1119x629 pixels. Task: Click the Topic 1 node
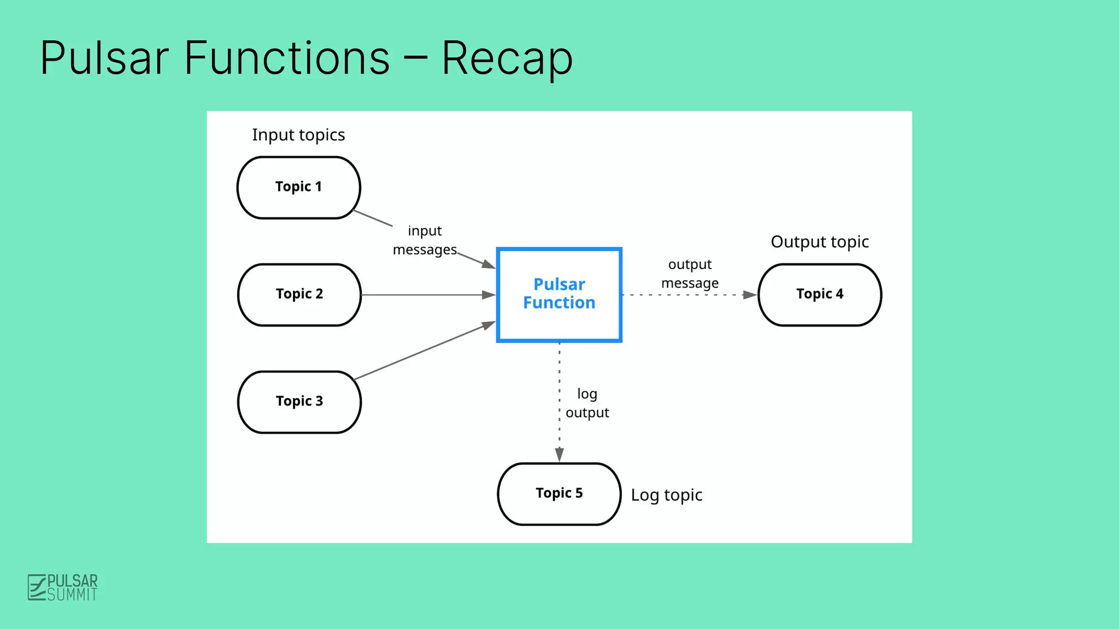pos(298,187)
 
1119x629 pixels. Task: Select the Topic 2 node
pos(299,294)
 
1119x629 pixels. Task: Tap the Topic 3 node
pos(299,402)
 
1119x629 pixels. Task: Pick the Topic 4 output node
pos(820,294)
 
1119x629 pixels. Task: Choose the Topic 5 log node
pos(559,494)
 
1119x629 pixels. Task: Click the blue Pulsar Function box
pos(559,294)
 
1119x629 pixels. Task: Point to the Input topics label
pos(298,135)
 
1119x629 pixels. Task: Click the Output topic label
pos(820,242)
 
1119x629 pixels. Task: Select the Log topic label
pos(667,495)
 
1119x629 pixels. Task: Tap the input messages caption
pos(425,240)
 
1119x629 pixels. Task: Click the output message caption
pos(690,274)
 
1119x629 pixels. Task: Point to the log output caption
pos(587,403)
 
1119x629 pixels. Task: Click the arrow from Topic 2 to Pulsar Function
pos(426,295)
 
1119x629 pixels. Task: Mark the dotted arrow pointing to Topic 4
pos(688,295)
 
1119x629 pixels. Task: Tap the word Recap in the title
pos(507,58)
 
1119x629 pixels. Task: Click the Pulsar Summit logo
pos(62,588)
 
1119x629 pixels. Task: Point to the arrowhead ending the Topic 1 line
pos(488,265)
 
